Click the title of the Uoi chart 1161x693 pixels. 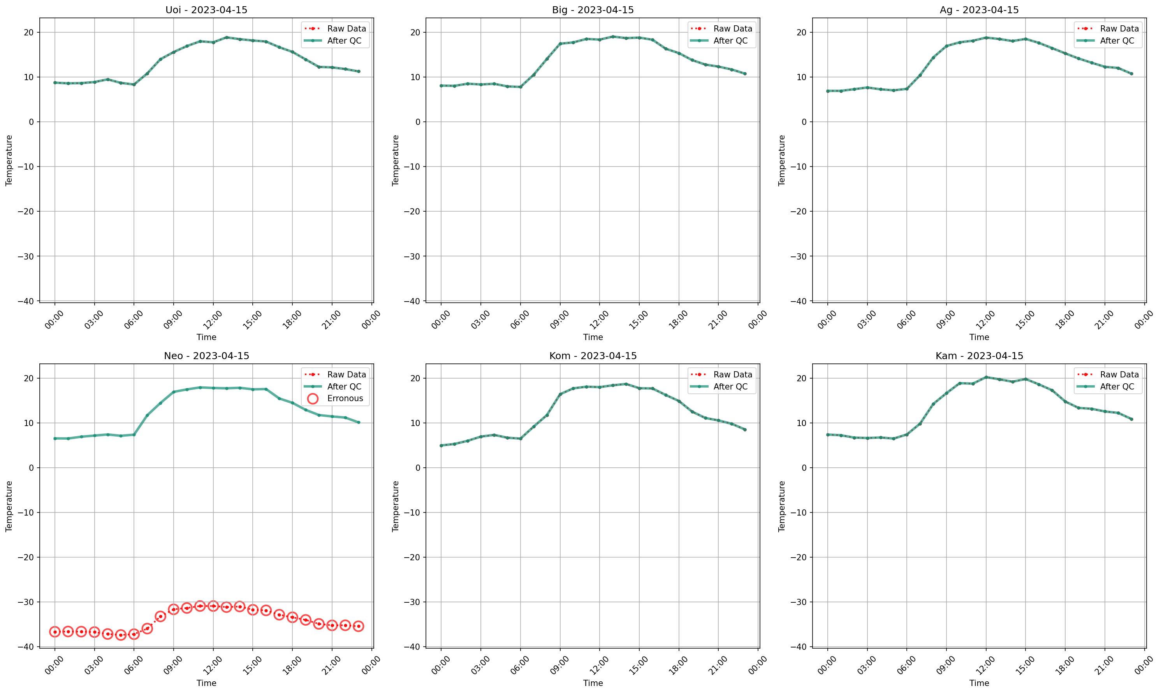(206, 10)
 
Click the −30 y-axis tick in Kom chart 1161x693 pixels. (413, 602)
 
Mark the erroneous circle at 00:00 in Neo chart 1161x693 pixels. (55, 632)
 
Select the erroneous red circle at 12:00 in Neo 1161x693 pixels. (213, 606)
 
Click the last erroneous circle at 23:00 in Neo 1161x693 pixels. (358, 626)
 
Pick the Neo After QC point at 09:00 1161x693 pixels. (174, 392)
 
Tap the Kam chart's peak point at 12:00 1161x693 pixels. (986, 377)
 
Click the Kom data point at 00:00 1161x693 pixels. (441, 446)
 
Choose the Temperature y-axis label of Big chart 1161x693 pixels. (396, 160)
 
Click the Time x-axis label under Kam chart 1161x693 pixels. (979, 683)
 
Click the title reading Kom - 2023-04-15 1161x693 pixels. (593, 356)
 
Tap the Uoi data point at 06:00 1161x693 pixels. (134, 84)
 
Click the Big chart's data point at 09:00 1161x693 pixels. (560, 44)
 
